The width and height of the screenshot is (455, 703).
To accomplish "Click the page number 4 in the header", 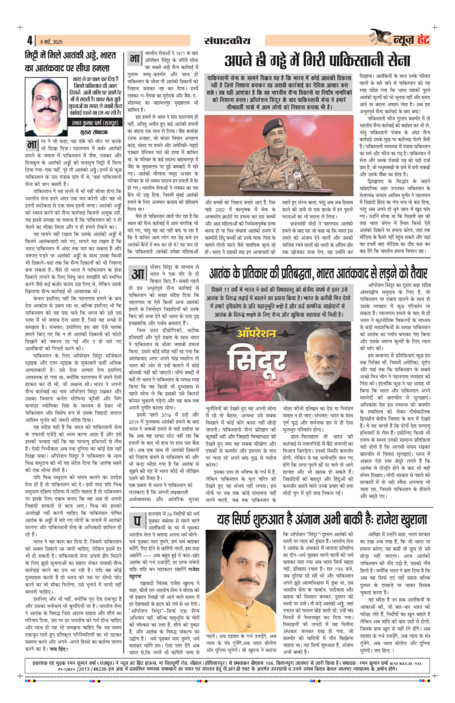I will (29, 40).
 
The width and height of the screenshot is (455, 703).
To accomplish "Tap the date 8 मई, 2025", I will (49, 41).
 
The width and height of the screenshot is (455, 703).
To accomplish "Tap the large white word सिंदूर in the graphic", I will (249, 352).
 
